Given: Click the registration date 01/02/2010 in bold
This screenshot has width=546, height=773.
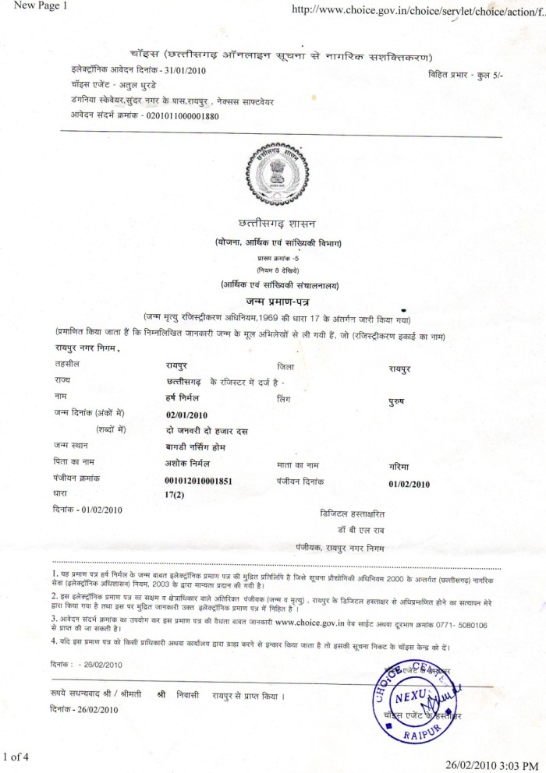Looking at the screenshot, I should click(x=409, y=483).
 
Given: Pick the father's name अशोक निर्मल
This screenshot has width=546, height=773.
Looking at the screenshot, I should click(x=190, y=462).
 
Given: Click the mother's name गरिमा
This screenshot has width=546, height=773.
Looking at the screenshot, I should click(x=399, y=466).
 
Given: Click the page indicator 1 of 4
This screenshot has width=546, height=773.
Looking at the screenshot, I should click(x=16, y=755).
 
